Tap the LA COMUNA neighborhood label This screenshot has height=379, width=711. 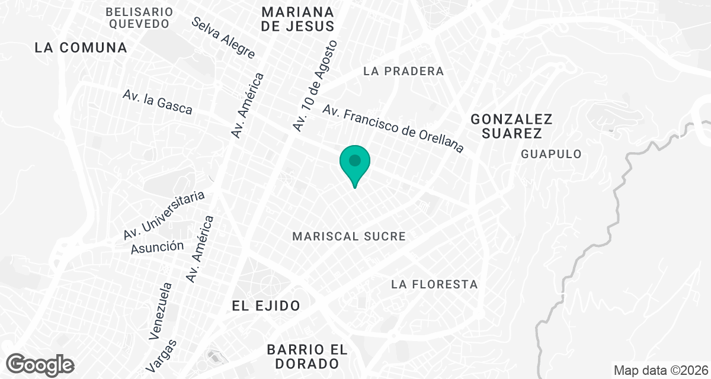(81, 47)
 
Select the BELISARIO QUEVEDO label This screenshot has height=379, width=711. (140, 18)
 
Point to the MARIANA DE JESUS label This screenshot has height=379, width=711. (298, 19)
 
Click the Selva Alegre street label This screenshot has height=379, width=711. (223, 37)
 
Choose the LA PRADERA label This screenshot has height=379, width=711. (403, 72)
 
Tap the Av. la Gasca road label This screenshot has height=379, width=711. (158, 102)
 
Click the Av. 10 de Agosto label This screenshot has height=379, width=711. (315, 86)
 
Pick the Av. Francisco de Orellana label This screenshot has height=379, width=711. (393, 129)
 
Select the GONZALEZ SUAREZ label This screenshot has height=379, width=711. (512, 126)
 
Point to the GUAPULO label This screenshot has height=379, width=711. (551, 154)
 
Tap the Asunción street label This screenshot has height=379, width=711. (157, 246)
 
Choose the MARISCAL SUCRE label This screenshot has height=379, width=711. (349, 237)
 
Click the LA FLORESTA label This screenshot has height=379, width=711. (434, 285)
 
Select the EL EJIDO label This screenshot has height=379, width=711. (266, 306)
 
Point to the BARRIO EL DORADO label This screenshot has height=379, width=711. (303, 356)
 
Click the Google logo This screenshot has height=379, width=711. (41, 364)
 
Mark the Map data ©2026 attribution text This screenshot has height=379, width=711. (659, 371)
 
